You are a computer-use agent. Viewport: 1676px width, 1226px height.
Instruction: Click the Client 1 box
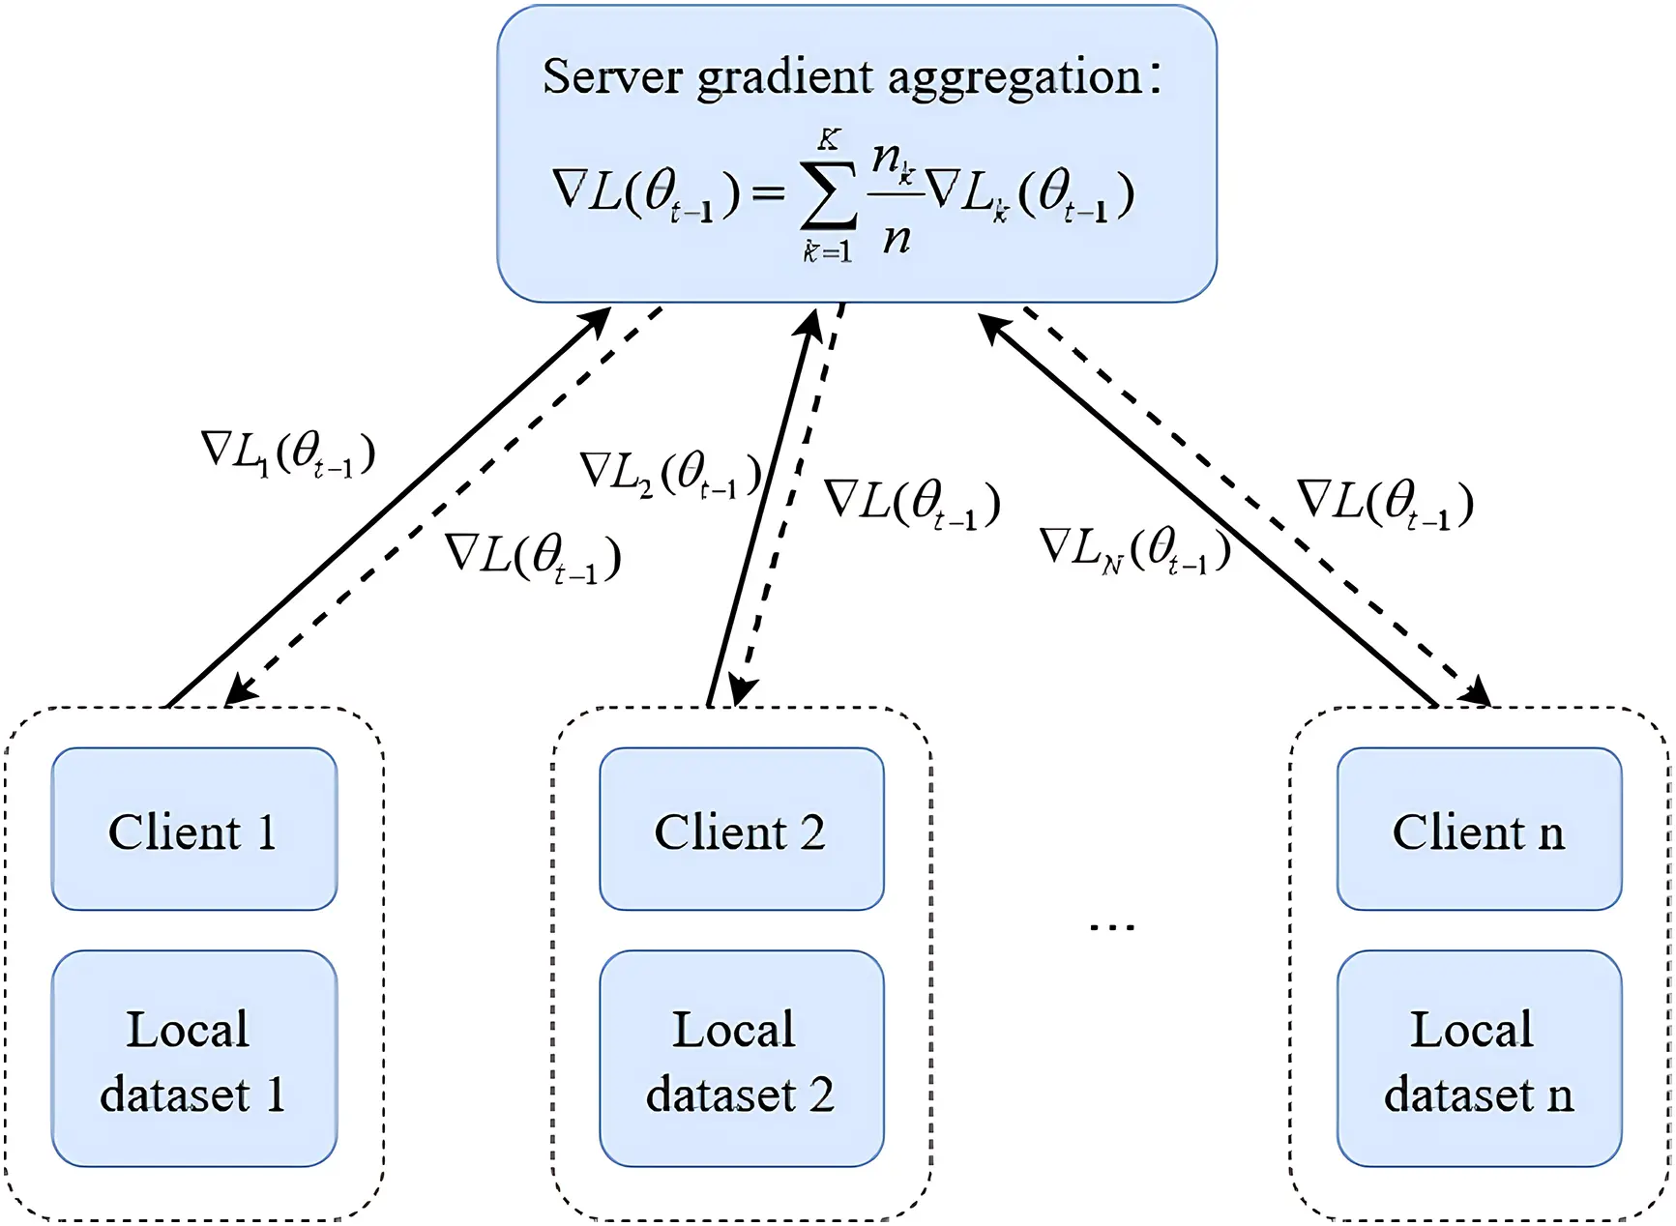click(193, 830)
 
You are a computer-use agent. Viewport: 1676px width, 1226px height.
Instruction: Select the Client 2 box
click(741, 830)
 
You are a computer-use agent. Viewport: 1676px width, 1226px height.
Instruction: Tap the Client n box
click(1479, 830)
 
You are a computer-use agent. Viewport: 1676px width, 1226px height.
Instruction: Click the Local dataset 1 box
click(193, 1060)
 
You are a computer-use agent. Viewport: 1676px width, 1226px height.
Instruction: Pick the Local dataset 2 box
click(741, 1060)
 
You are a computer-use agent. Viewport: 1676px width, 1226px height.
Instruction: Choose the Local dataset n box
click(1479, 1060)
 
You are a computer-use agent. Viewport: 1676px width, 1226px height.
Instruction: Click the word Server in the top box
click(611, 76)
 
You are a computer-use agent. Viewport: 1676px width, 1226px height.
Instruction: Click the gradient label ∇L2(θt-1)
click(670, 474)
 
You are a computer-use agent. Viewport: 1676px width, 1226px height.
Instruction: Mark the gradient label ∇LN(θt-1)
click(1134, 549)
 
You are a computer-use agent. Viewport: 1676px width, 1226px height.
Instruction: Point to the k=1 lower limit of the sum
click(828, 252)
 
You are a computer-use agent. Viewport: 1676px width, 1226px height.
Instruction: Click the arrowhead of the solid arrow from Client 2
click(809, 322)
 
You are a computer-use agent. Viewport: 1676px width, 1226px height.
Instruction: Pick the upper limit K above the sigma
click(829, 140)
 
